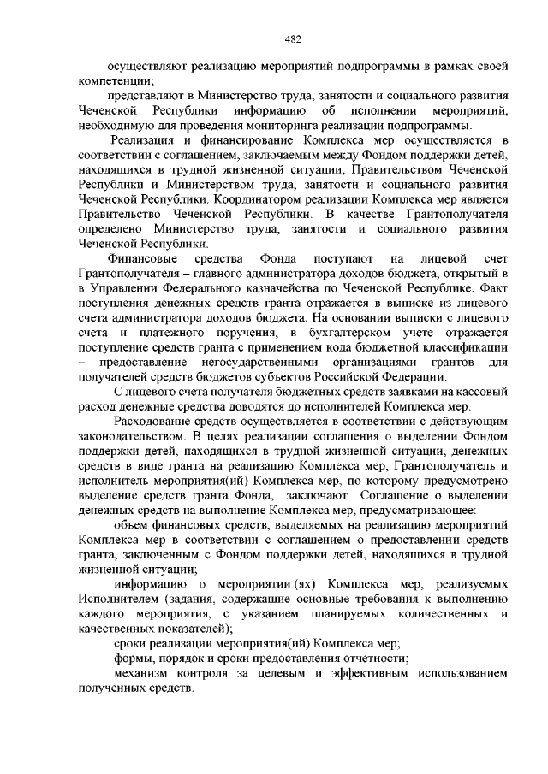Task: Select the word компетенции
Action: (110, 80)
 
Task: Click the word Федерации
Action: (409, 378)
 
